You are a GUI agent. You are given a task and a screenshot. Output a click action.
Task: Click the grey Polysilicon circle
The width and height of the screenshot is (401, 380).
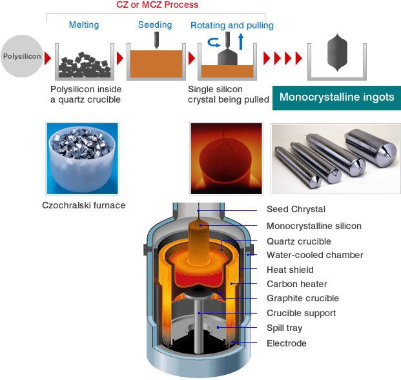coord(22,57)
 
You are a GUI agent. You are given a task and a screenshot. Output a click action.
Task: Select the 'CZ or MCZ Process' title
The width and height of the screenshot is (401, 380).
coord(156,5)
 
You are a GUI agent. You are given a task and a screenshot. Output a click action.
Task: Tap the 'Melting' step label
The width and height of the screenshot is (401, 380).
coord(84,25)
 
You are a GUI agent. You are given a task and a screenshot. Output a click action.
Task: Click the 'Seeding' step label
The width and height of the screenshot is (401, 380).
coord(155,25)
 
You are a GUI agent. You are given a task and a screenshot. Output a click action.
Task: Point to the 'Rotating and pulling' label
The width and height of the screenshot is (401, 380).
coord(232,26)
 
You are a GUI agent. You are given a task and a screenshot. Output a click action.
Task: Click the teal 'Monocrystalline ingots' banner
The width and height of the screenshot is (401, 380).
coord(336,97)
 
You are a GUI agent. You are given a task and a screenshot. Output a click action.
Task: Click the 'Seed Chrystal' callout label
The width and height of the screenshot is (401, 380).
coord(296,210)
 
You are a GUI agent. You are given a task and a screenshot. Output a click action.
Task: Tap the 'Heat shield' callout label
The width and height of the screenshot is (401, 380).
coord(290,270)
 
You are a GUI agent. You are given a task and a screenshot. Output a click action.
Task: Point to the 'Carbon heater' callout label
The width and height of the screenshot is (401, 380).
coord(296,284)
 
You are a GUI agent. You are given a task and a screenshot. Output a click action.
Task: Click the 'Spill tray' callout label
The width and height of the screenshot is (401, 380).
coord(285,328)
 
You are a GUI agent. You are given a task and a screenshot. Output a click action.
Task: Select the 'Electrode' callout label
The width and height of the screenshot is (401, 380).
coord(286,343)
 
